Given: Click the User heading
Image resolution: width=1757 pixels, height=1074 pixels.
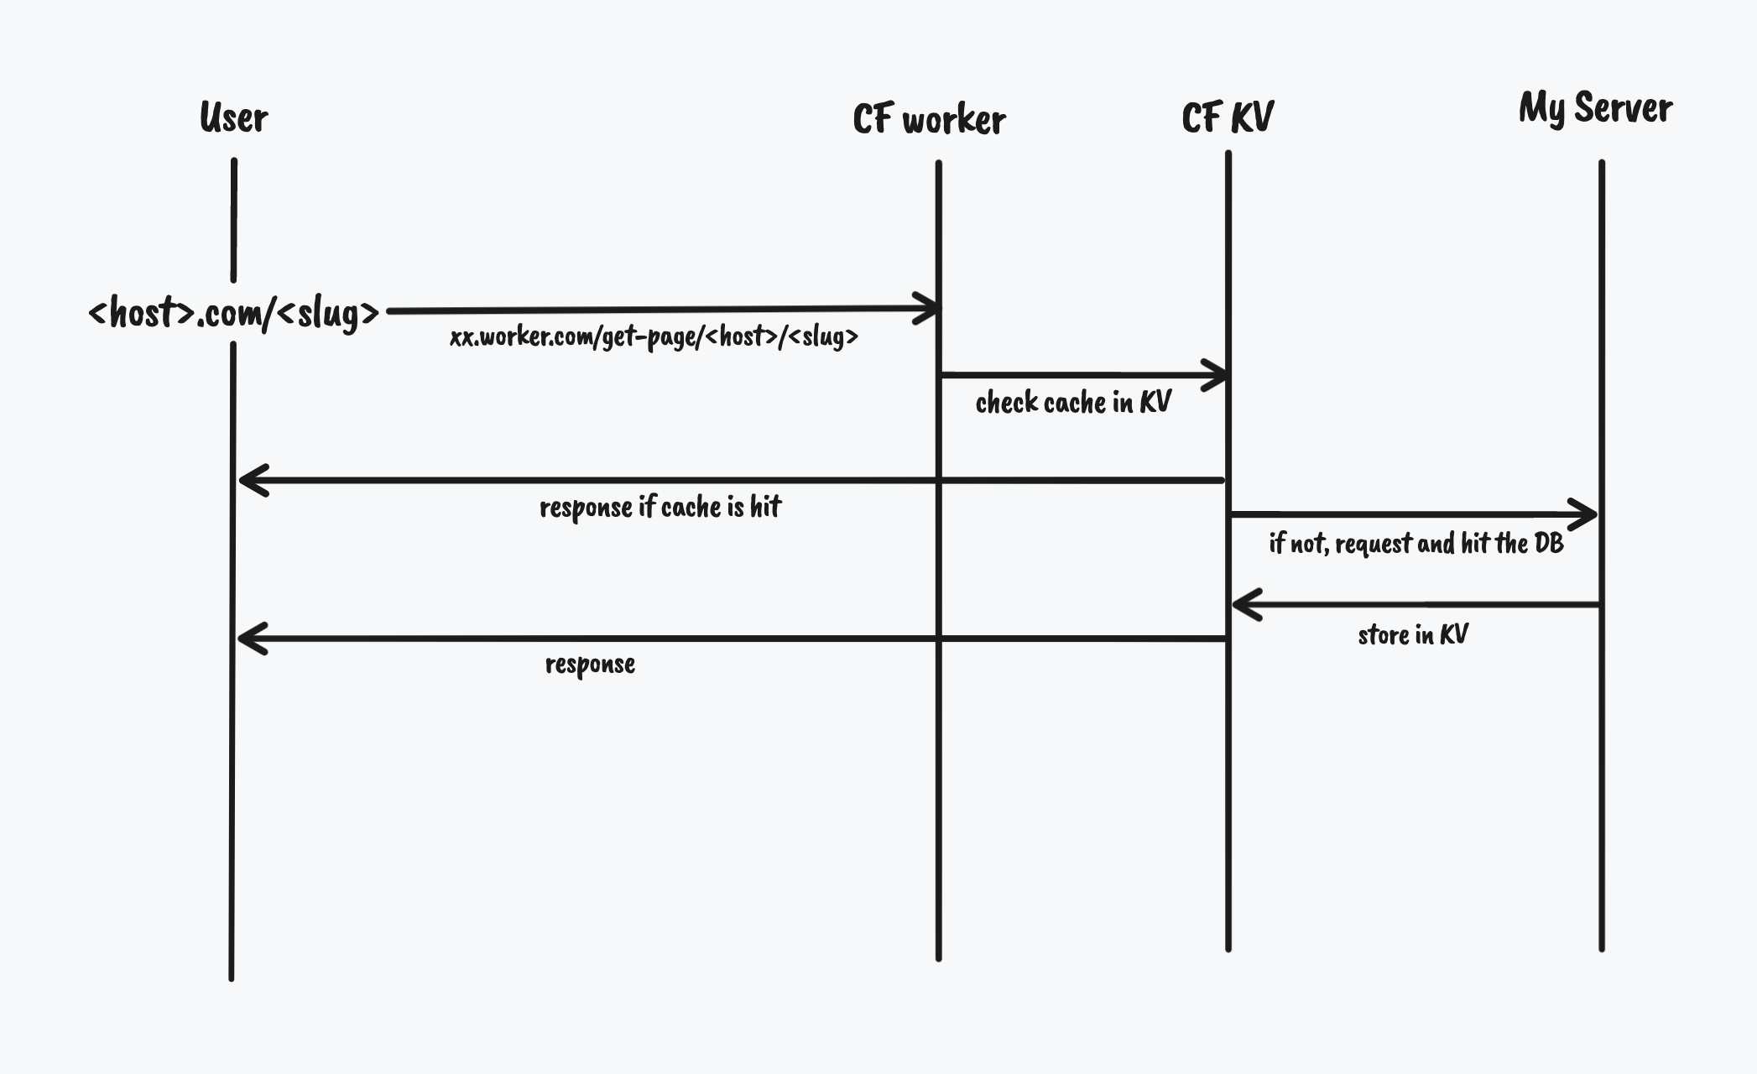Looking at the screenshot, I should coord(233,118).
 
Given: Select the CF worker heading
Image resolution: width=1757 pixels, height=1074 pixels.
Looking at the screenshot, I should coord(929,120).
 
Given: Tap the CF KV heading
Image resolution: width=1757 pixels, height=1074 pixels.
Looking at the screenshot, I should coord(1228,117).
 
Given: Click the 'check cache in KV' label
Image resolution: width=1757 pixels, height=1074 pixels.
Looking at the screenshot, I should coord(1073,403).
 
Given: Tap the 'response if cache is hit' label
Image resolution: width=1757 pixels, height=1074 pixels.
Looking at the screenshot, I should coord(660,507).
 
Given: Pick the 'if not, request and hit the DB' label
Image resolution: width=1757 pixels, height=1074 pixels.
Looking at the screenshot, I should coord(1416,544).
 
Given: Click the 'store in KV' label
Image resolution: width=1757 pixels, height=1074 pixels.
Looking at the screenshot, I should coord(1413,634).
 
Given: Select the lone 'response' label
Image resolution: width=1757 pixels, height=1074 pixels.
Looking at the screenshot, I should coord(590,665).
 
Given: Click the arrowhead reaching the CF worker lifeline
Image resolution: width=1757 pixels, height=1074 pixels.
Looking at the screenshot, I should coord(928,308).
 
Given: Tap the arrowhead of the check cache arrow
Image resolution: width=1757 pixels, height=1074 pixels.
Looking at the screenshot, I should coord(1217,375).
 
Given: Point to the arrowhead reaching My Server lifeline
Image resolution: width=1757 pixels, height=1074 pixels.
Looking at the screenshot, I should coord(1586,514).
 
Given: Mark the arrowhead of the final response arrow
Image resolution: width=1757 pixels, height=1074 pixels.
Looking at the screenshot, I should coord(251,639).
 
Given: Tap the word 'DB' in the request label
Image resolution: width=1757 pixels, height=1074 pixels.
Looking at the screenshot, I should coord(1549,544).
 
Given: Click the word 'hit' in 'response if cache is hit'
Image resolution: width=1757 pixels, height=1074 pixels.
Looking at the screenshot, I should coord(764,506).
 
